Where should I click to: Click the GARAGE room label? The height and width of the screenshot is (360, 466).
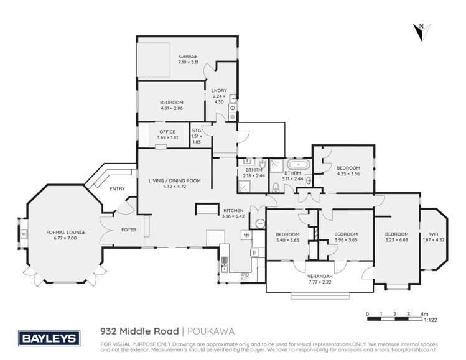[x=188, y=57]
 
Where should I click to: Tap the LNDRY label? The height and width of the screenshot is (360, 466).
[x=217, y=90]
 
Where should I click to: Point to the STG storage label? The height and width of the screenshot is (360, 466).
[x=197, y=131]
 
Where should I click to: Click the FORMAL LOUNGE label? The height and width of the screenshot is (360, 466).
[x=66, y=232]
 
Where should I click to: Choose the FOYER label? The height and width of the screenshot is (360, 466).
[x=129, y=230]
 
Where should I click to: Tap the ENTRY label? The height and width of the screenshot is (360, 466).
[x=116, y=188]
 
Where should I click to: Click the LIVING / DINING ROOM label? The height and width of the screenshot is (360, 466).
[x=174, y=180]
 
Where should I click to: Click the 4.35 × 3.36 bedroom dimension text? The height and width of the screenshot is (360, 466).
[x=348, y=174]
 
